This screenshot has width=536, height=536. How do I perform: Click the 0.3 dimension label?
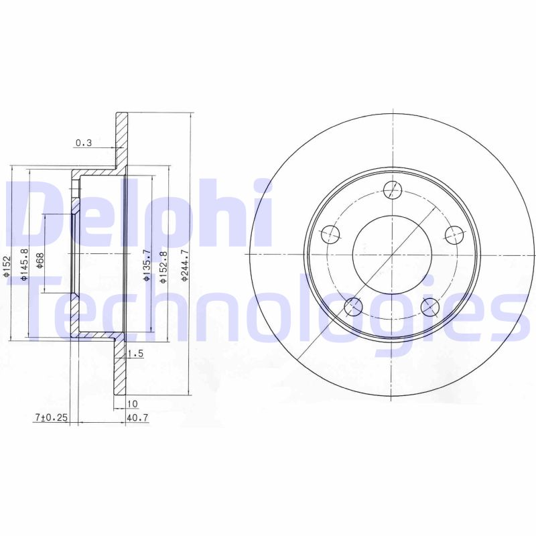[84, 142]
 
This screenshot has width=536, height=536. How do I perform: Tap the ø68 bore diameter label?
[40, 260]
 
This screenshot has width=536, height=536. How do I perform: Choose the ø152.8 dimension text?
[163, 267]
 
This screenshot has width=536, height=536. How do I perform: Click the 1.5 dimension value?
[135, 354]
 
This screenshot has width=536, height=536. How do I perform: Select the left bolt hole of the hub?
[331, 234]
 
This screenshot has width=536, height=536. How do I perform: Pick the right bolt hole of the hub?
[454, 234]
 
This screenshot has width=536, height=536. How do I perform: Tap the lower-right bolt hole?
[431, 307]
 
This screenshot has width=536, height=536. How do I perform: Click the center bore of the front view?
[393, 255]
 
